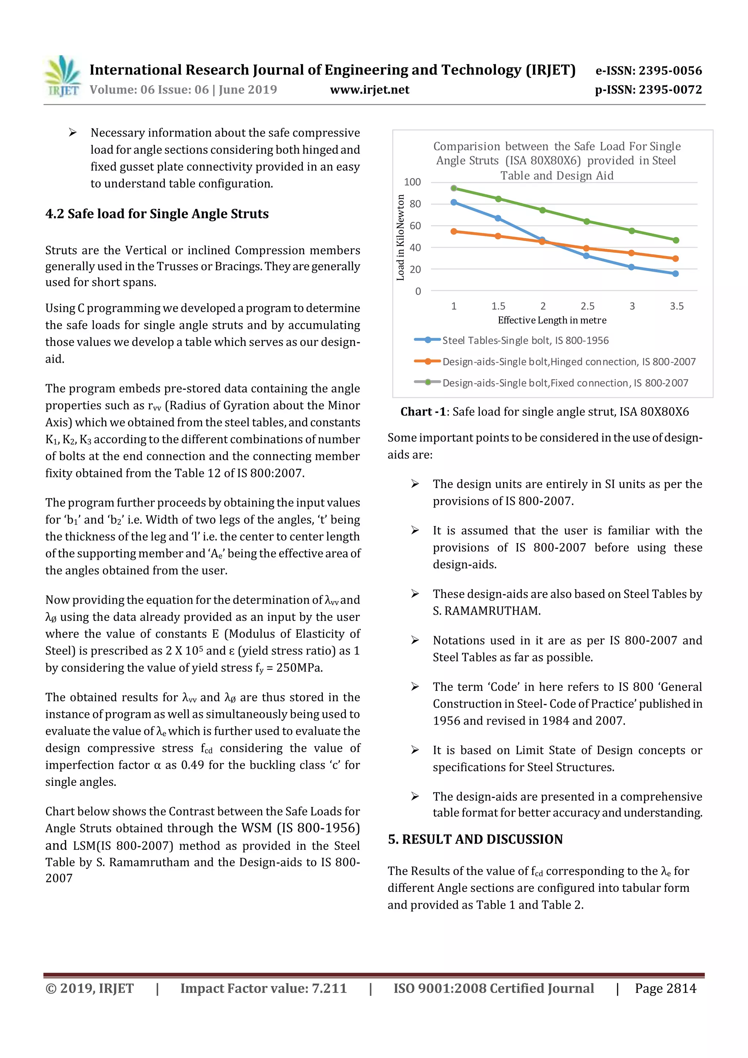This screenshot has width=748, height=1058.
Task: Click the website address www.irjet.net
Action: coord(370,90)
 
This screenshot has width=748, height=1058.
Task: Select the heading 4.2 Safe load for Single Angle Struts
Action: coord(157,214)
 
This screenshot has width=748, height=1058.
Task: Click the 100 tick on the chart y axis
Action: coord(412,182)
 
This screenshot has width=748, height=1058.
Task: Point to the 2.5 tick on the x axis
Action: coord(587,306)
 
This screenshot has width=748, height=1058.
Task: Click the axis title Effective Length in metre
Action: coord(552,320)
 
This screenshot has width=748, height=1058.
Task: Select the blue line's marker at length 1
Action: coord(454,202)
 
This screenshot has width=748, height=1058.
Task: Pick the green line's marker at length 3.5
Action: coord(676,240)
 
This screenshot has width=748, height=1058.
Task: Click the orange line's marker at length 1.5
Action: coord(498,236)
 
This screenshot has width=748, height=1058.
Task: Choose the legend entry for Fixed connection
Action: coord(565,383)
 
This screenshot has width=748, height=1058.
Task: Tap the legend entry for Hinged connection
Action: coord(569,362)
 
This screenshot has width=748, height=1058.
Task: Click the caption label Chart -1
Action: coord(423,412)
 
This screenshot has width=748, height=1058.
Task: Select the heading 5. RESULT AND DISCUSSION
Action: coord(475,839)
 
